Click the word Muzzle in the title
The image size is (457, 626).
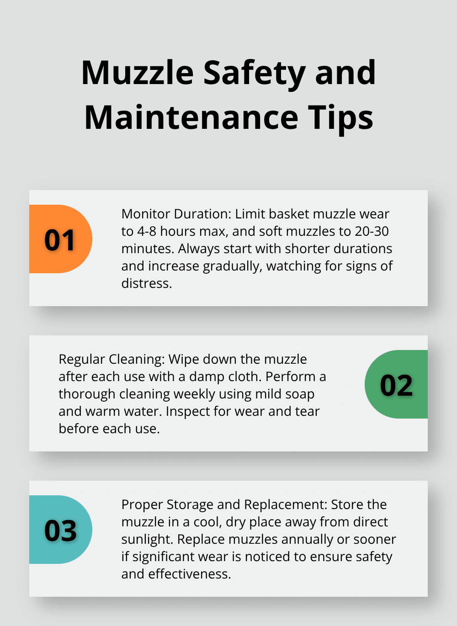pyautogui.click(x=138, y=73)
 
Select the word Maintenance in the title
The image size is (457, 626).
pyautogui.click(x=191, y=118)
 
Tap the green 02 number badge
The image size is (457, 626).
pyautogui.click(x=396, y=385)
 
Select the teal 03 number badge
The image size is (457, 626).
pyautogui.click(x=60, y=530)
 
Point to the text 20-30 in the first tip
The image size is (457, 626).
pyautogui.click(x=372, y=231)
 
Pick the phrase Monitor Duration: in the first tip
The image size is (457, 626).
pyautogui.click(x=176, y=214)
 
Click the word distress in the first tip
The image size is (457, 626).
pyautogui.click(x=145, y=283)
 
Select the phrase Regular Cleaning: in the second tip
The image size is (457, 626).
pyautogui.click(x=112, y=359)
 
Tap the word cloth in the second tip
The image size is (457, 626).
pyautogui.click(x=244, y=377)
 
